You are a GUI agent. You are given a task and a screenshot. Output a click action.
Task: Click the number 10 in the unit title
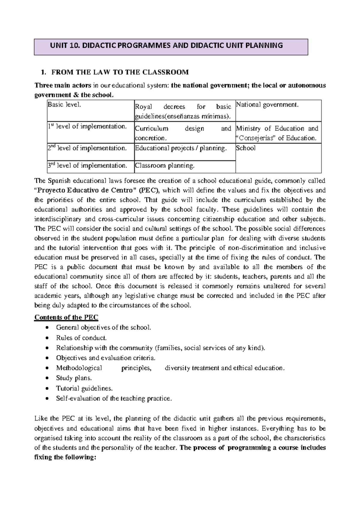[x=73, y=46]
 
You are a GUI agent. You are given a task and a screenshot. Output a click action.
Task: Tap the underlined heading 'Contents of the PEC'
[x=66, y=317]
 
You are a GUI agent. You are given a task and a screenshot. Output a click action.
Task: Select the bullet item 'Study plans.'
[x=74, y=378]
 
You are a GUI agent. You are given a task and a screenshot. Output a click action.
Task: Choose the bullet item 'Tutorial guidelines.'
[x=84, y=388]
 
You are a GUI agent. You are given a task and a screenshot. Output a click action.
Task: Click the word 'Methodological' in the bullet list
[x=79, y=368]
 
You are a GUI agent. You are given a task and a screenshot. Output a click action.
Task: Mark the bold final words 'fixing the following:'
[x=65, y=457]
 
